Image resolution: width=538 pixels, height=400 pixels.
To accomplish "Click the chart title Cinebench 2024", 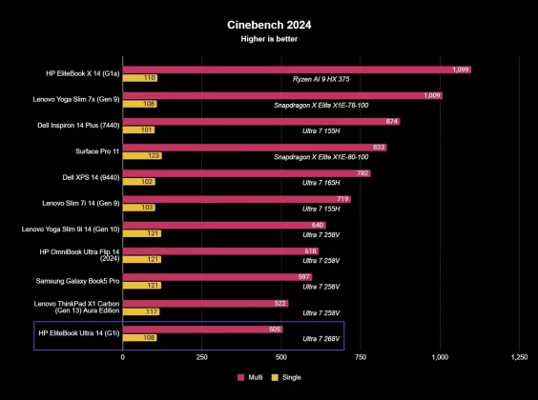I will click(269, 26).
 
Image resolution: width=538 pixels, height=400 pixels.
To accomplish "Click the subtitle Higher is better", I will click(269, 41).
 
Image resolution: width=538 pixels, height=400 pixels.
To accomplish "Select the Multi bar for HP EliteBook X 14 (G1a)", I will click(297, 70).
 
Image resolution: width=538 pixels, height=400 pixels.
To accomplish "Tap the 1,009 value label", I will click(432, 95).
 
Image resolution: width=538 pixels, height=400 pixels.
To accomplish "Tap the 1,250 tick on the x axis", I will click(518, 357).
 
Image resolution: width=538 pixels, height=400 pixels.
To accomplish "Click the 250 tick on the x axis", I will click(202, 357).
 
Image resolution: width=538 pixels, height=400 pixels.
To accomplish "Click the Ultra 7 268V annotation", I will click(321, 337).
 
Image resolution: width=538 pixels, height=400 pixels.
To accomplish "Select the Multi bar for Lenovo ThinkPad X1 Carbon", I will click(205, 303).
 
